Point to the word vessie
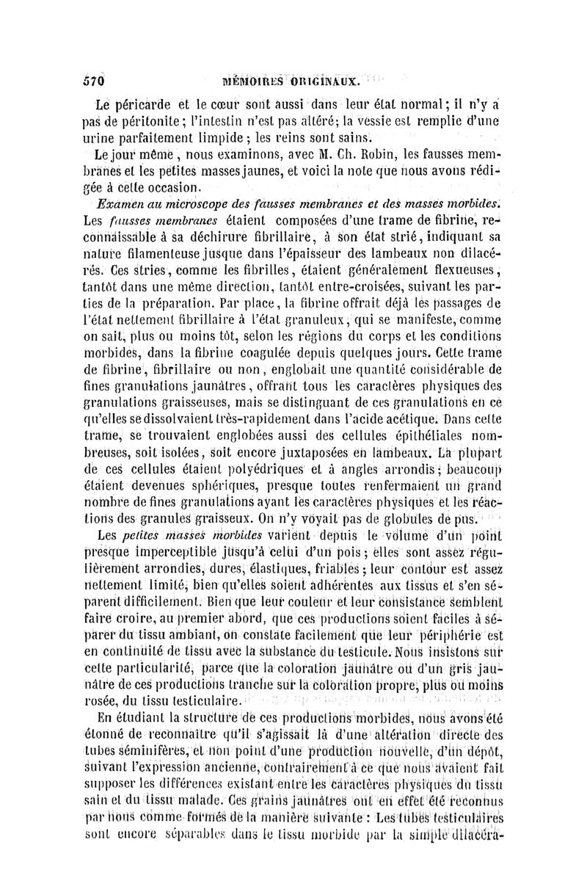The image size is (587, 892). coord(401,120)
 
